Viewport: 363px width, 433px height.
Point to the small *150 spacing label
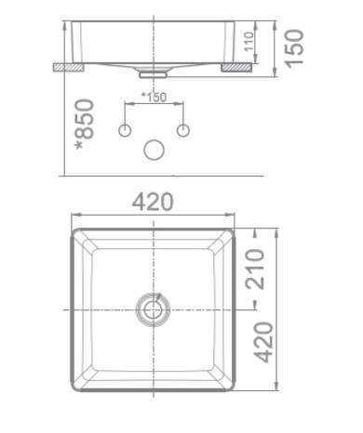[x=153, y=96]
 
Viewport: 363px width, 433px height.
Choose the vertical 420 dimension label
[x=263, y=343]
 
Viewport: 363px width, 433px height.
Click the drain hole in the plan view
[x=154, y=307]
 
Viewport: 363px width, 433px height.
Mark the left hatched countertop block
[x=67, y=67]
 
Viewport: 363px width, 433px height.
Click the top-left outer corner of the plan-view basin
[x=73, y=224]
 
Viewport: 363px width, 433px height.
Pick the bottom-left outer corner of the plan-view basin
[x=73, y=390]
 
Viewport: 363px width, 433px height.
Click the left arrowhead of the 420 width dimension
[x=74, y=214]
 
